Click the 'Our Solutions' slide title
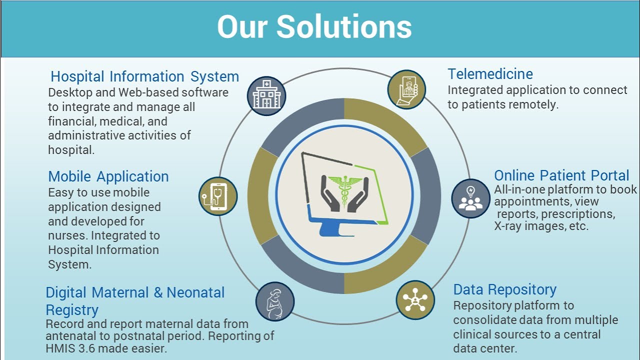click(x=314, y=27)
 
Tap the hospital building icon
click(x=266, y=95)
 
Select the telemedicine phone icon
click(x=406, y=89)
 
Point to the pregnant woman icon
click(x=274, y=301)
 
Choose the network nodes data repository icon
click(x=415, y=300)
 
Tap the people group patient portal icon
click(x=470, y=198)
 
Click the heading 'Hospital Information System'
click(x=144, y=77)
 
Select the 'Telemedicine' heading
click(x=490, y=74)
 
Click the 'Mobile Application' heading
click(x=108, y=176)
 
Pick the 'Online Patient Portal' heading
click(x=561, y=175)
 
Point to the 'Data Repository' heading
click(x=504, y=289)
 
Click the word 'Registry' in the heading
click(x=72, y=310)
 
